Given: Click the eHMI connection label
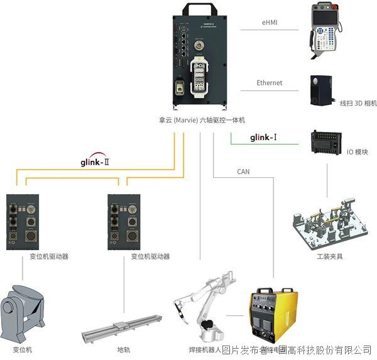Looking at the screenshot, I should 270,22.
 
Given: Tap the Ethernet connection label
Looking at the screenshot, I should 269,83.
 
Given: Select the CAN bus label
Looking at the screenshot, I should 243,172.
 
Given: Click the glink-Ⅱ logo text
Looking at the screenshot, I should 99,161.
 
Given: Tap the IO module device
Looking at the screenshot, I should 326,142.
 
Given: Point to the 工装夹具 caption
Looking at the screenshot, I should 330,256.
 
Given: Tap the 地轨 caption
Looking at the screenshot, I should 124,349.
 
